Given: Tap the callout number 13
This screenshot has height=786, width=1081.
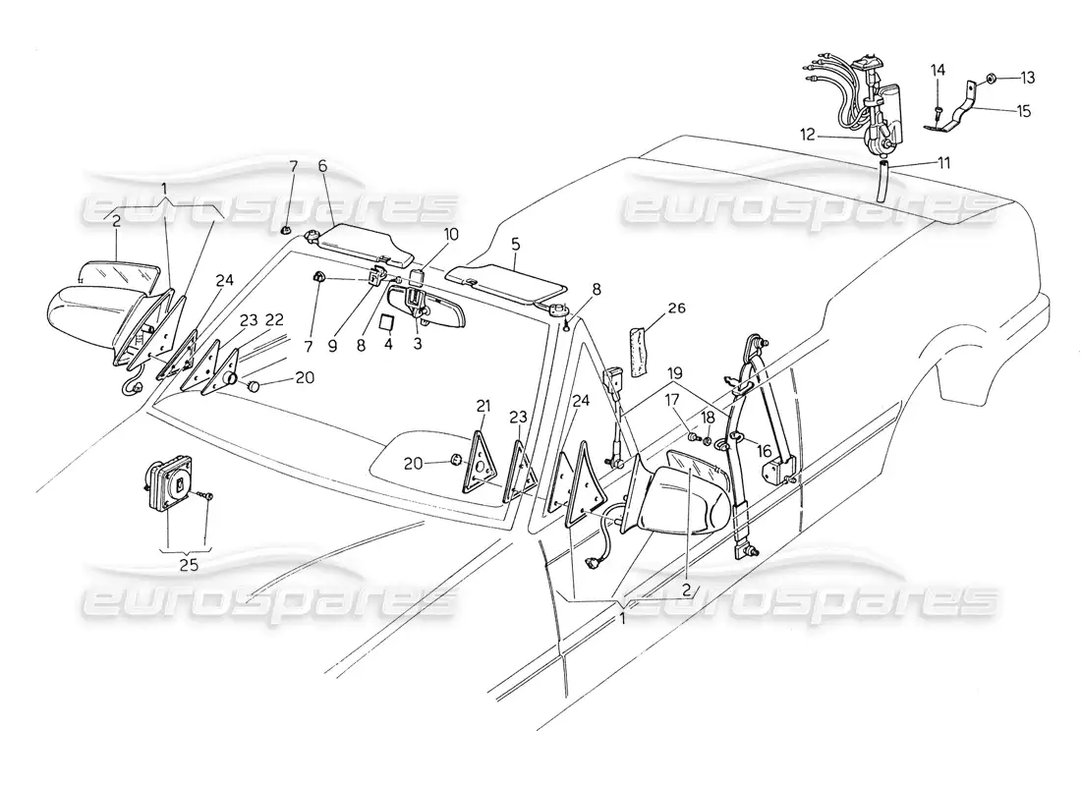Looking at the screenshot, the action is (x=1027, y=78).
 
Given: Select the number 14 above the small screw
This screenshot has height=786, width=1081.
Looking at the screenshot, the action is (x=938, y=70).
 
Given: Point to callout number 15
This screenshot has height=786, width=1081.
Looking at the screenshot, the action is (x=1023, y=110).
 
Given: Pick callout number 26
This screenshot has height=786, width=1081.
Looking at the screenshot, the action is (x=676, y=308).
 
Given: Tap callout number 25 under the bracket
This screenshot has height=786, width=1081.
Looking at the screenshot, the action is (x=189, y=565).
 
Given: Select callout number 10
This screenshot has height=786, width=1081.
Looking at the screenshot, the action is (x=450, y=235).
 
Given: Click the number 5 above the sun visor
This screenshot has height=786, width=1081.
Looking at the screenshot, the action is (x=516, y=244).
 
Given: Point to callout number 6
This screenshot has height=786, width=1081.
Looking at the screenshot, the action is (x=322, y=165).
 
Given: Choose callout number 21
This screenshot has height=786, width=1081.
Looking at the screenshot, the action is (x=483, y=405).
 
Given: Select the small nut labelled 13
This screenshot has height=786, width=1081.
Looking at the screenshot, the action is (x=990, y=78).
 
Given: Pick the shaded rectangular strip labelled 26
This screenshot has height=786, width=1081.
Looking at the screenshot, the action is (x=639, y=352).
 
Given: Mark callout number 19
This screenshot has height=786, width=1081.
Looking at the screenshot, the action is (x=675, y=373).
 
